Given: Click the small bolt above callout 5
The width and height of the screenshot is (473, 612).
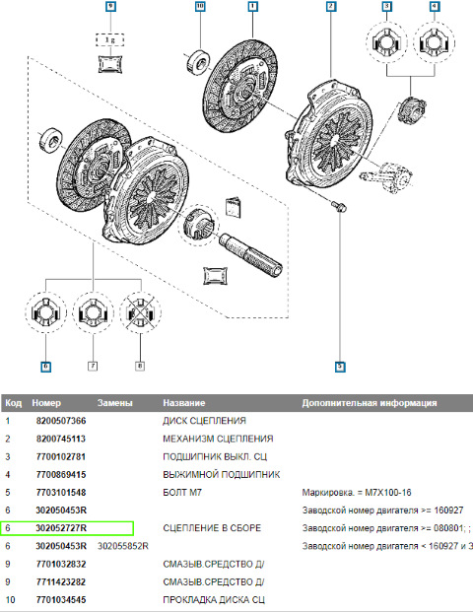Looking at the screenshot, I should click(339, 206).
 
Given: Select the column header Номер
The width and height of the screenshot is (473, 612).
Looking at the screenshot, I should click(46, 403).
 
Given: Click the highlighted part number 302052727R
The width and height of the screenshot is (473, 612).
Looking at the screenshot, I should click(61, 527).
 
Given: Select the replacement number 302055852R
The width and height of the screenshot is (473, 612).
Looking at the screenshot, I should click(123, 545).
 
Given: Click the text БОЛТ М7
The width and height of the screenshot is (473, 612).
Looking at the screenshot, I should click(181, 492).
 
